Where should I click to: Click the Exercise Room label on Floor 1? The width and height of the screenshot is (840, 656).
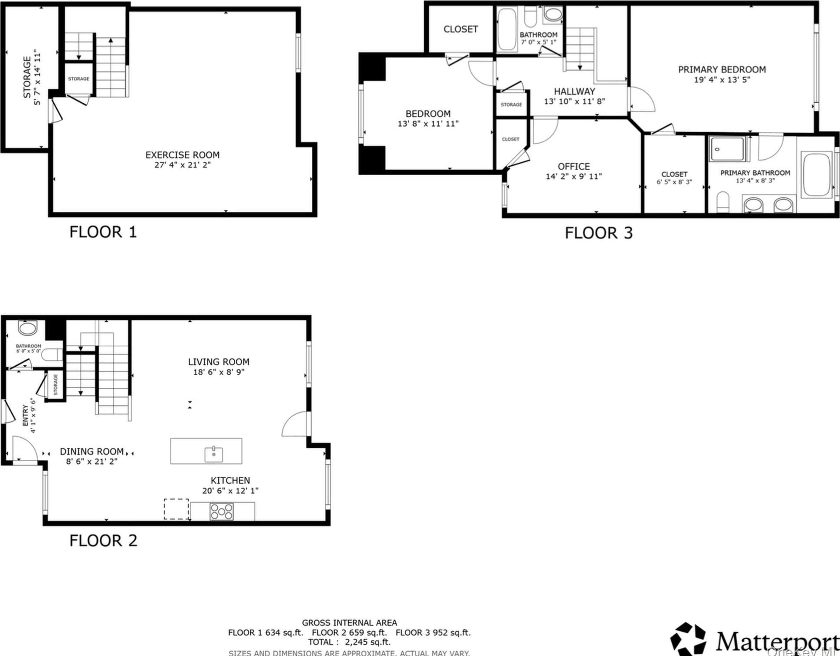(x=182, y=155)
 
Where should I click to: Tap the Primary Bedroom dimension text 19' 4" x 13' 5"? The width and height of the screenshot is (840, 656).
(x=722, y=80)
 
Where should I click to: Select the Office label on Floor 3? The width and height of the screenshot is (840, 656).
(x=573, y=167)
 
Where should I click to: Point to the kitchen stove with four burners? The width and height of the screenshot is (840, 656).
(x=222, y=512)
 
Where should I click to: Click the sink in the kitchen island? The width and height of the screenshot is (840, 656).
(x=214, y=454)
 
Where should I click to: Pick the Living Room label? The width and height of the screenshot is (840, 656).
(x=219, y=362)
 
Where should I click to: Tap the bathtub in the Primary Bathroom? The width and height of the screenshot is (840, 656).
(x=816, y=175)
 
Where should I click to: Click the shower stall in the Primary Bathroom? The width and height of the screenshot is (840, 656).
(x=727, y=149)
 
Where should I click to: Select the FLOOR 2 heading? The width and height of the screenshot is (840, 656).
(x=103, y=541)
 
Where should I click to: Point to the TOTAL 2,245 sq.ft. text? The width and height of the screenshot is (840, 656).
(x=349, y=642)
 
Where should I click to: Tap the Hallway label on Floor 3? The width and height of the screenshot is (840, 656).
(x=574, y=92)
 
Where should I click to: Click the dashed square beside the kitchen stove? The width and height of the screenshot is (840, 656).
(x=176, y=509)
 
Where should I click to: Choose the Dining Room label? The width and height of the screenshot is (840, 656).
(x=92, y=452)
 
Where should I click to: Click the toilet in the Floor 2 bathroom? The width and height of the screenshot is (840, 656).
(x=52, y=355)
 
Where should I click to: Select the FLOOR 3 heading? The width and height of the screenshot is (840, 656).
(x=598, y=233)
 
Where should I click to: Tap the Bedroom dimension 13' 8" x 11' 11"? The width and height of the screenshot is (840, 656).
(x=428, y=124)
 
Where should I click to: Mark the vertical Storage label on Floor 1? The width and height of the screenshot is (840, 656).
(x=27, y=77)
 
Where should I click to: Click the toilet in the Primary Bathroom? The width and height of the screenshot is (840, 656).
(x=723, y=202)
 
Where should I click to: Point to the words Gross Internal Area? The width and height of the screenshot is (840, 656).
(x=349, y=623)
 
